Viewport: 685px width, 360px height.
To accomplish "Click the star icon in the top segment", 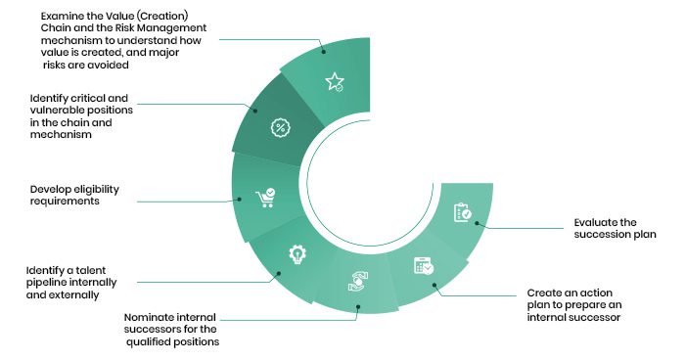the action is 335,82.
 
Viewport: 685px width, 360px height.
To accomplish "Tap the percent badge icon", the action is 281,128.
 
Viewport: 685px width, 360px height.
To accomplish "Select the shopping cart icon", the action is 265,198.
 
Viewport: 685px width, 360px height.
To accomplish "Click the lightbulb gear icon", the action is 297,254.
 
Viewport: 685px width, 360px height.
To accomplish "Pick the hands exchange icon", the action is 358,282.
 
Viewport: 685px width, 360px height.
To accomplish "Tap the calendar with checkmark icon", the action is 424,266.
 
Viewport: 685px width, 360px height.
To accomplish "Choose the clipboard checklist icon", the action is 463,212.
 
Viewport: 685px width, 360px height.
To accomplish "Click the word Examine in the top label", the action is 61,17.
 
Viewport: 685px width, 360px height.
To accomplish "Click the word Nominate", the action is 145,317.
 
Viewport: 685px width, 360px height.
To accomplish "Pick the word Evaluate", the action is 595,222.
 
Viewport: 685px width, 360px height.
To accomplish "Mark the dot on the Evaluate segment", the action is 478,223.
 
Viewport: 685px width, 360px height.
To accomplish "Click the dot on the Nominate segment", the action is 358,307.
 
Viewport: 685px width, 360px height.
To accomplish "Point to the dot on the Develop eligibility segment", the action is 239,200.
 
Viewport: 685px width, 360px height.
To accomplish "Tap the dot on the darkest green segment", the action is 255,111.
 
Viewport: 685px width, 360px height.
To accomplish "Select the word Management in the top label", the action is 178,28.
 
